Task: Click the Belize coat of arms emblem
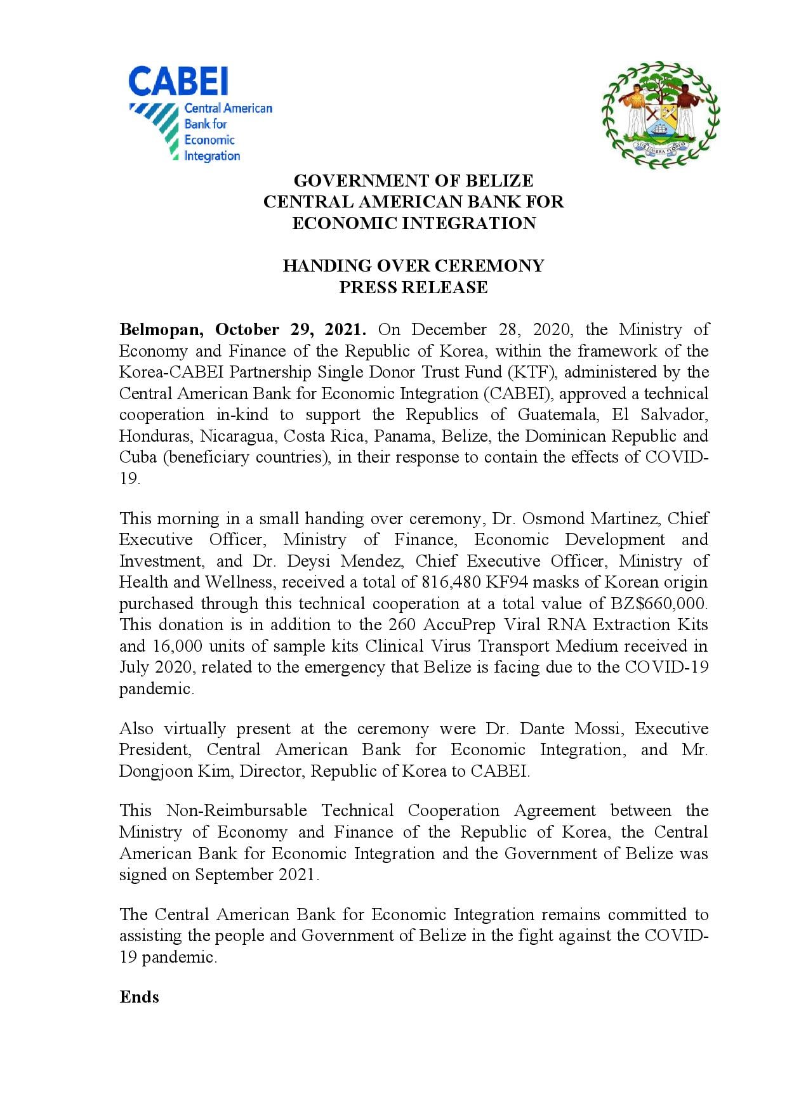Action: tap(660, 115)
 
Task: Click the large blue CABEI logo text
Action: tap(178, 82)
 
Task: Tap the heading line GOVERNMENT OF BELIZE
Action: tap(413, 181)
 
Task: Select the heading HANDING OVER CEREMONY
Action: tap(413, 265)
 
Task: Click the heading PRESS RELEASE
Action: tap(413, 287)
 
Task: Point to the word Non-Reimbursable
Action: tap(236, 810)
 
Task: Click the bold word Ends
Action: tap(139, 997)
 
